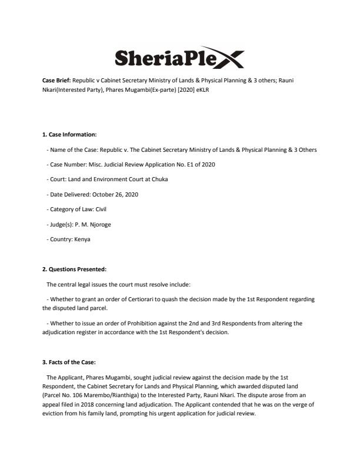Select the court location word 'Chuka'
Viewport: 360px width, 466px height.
coord(158,179)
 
